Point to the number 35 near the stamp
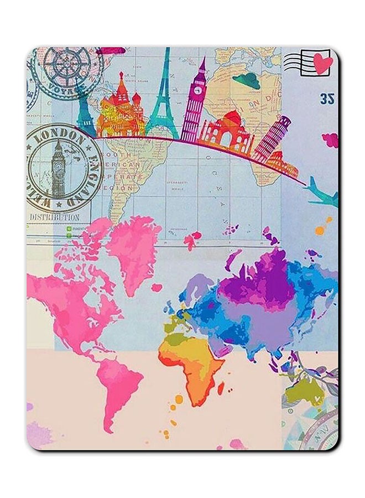point(327,99)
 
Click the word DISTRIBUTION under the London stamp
point(54,217)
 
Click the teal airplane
point(322,191)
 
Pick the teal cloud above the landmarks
point(248,81)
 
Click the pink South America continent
point(116,382)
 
